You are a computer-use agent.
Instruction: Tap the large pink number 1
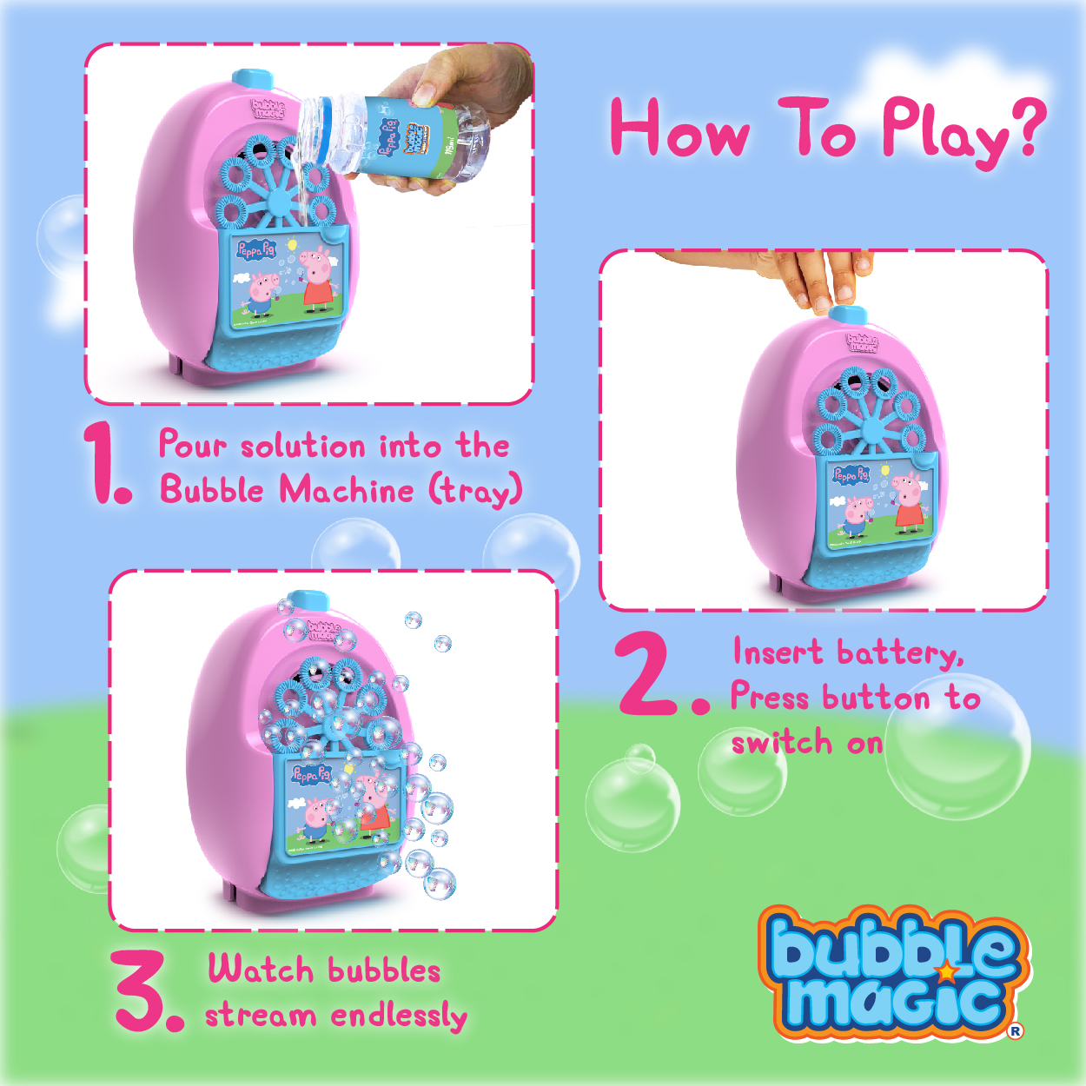109,463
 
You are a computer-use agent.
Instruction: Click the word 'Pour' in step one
193,444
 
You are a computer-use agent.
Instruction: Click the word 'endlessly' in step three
399,1016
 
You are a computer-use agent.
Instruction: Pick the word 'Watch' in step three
261,969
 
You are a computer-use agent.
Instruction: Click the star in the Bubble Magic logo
947,970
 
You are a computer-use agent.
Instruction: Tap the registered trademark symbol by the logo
1016,1030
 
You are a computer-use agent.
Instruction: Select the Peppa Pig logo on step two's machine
851,475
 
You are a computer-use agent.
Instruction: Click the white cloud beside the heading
952,84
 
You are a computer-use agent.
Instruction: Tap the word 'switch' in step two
782,743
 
